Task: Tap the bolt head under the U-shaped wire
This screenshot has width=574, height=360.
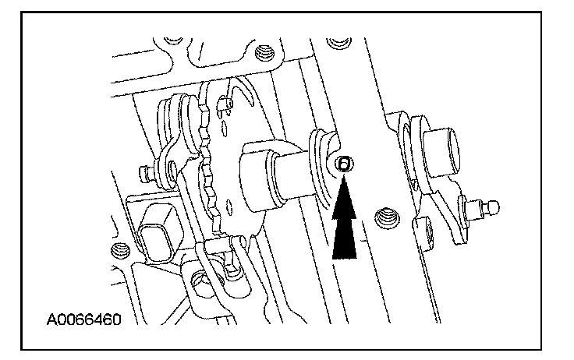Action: [205, 276]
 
